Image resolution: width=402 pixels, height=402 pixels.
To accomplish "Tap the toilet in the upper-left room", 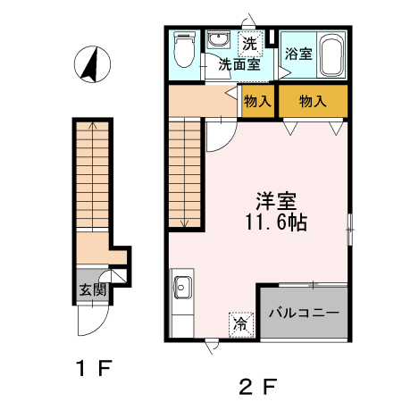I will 184,50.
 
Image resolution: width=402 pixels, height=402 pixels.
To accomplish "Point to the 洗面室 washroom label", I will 241,64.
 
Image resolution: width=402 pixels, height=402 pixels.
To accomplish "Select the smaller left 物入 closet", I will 257,101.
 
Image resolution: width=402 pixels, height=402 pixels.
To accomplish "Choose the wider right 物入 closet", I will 311,101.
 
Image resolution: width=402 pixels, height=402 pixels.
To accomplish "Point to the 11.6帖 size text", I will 276,223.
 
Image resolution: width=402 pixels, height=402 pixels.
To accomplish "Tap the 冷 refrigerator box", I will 240,322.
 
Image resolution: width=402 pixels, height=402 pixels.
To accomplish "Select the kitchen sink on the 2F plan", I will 184,289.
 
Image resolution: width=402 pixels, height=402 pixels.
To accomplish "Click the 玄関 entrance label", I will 92,289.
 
